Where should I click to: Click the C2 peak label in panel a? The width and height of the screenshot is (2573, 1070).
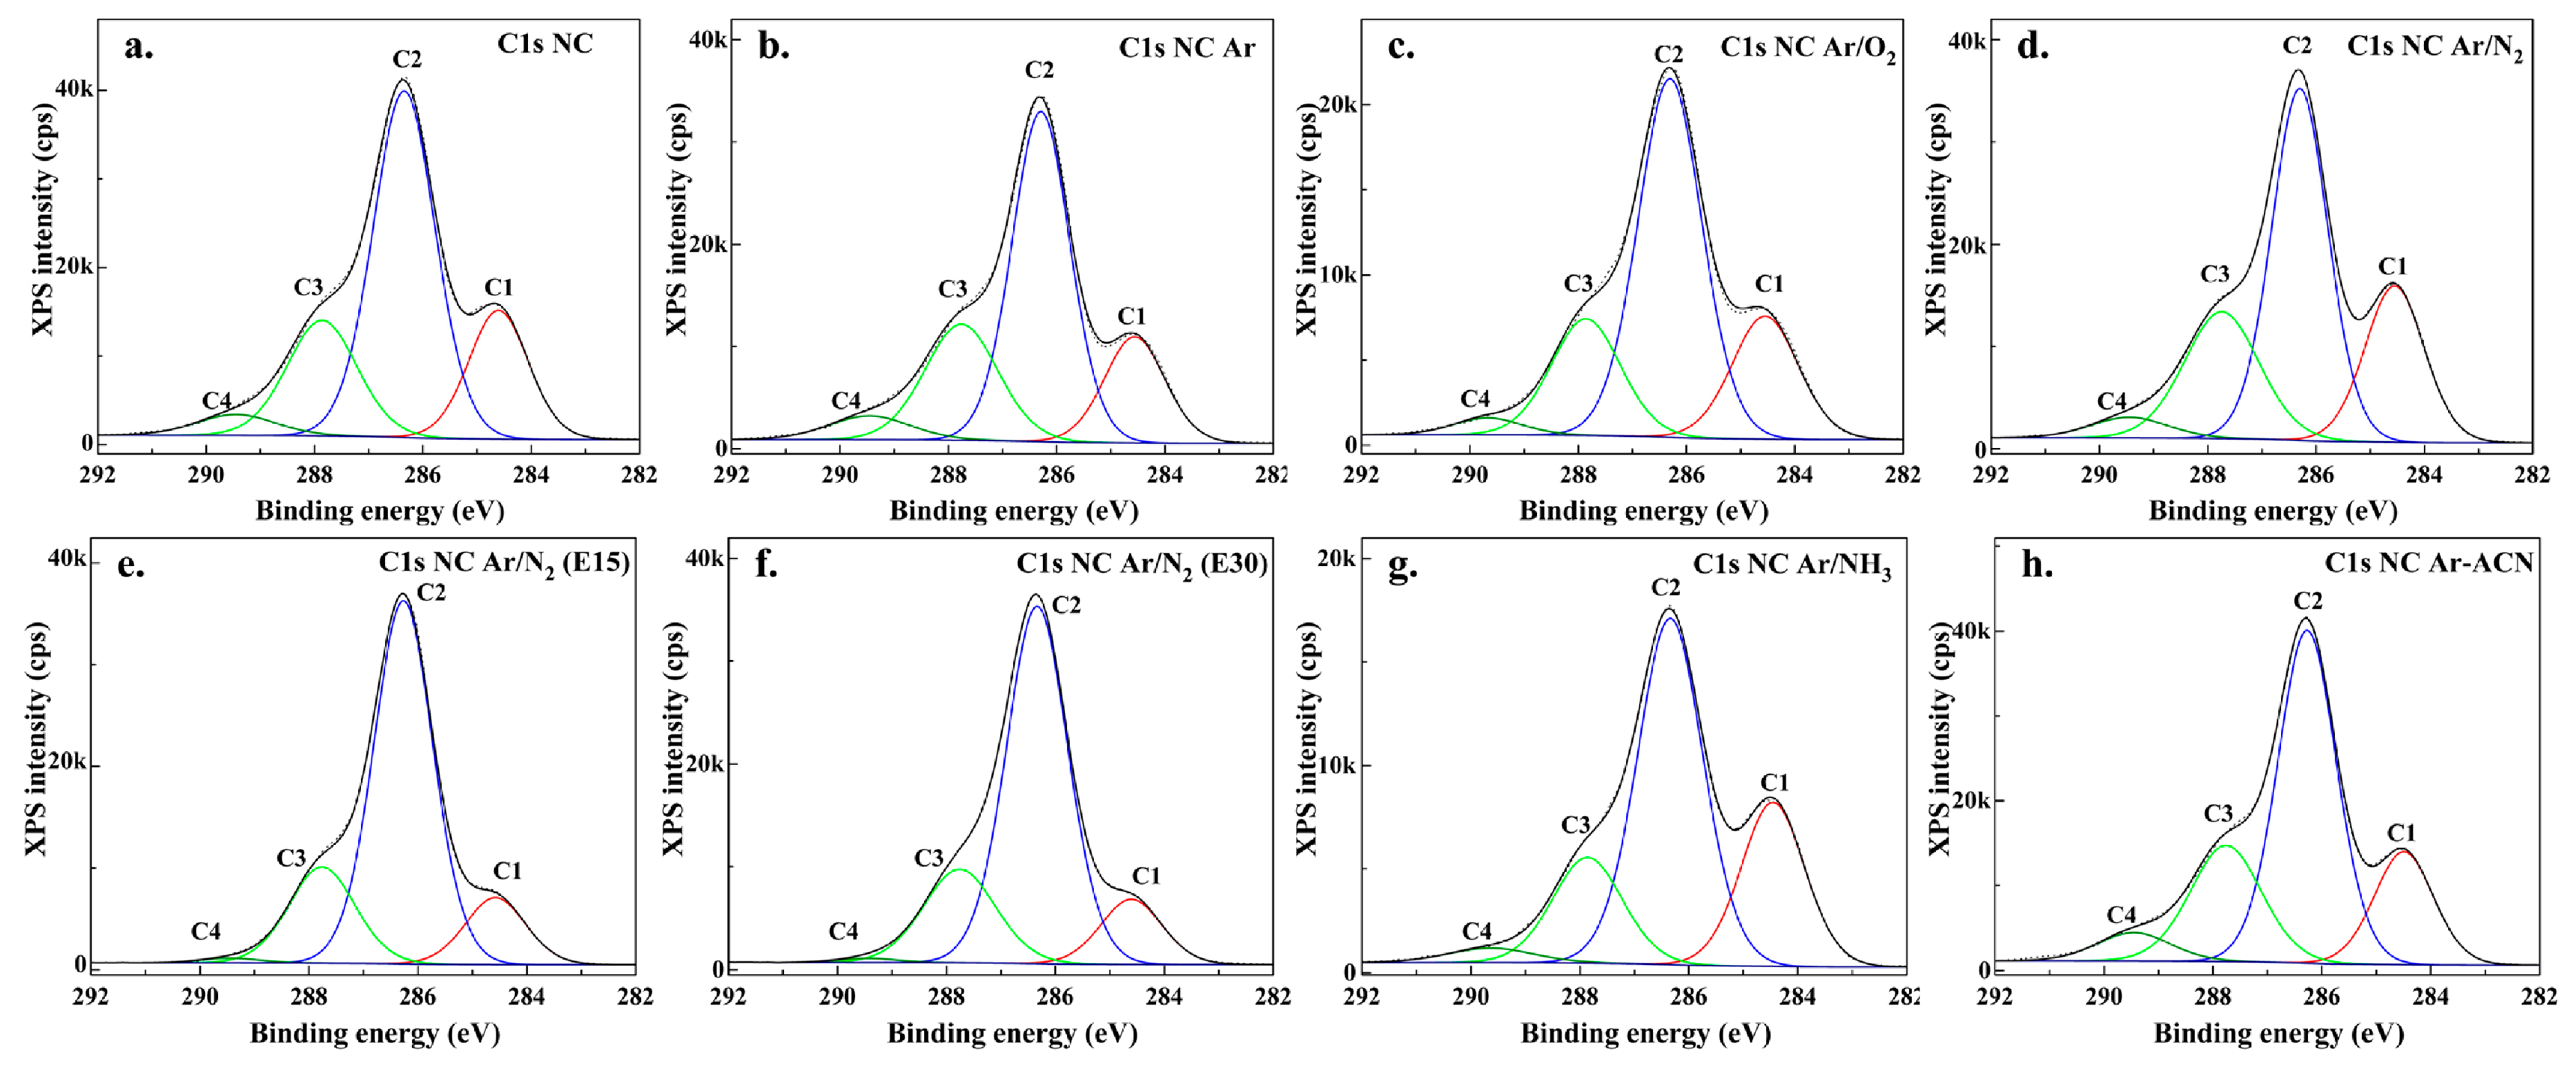[407, 59]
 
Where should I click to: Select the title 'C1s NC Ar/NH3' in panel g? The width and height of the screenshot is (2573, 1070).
[1792, 565]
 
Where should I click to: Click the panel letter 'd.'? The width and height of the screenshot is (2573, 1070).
[2033, 47]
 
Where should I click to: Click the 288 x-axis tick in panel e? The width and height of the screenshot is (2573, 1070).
[309, 996]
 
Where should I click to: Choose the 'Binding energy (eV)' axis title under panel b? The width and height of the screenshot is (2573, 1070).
[1014, 512]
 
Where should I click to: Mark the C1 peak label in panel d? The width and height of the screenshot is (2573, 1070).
[2392, 266]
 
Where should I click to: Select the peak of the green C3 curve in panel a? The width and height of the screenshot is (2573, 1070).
[322, 321]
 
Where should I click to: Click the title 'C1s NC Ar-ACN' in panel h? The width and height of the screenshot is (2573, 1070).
[2428, 563]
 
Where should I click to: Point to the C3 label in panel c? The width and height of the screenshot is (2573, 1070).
[1578, 284]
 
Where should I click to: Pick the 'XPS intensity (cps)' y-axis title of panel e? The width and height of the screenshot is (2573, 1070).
[36, 739]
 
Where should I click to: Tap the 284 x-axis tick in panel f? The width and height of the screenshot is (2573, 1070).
[1164, 996]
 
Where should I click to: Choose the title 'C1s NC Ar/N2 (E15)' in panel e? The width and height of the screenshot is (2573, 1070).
[503, 563]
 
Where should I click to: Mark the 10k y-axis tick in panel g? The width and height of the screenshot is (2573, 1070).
[1336, 766]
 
